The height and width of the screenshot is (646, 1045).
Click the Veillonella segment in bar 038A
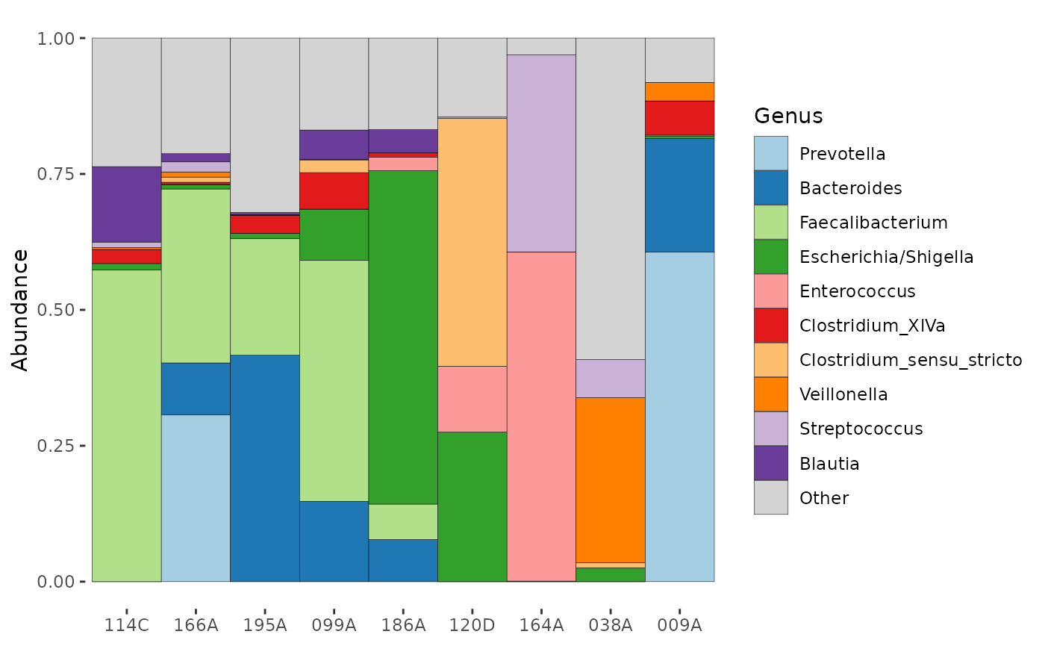click(x=611, y=479)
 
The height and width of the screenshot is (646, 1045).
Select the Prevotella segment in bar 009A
click(x=679, y=417)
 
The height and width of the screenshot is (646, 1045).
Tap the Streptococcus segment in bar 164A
click(x=541, y=154)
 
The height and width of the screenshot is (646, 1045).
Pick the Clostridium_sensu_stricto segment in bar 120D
click(x=472, y=242)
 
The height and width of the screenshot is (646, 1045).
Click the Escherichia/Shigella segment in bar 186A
click(x=403, y=338)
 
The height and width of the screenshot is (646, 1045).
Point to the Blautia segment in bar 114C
click(x=126, y=205)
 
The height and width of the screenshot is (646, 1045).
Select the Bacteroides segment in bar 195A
click(x=265, y=468)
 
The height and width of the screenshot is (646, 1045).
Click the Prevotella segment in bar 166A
click(x=196, y=498)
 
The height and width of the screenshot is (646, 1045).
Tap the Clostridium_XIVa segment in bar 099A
click(x=334, y=191)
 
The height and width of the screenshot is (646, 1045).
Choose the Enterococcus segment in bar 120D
click(x=472, y=399)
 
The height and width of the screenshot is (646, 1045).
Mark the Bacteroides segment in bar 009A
click(x=679, y=195)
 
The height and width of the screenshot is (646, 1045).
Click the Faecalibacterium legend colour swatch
click(x=770, y=223)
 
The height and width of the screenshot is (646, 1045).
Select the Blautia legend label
click(x=829, y=464)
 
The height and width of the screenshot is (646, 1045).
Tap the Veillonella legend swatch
click(x=770, y=394)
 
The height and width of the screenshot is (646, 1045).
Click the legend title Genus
click(x=788, y=116)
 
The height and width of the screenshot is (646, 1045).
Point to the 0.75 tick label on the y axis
click(x=55, y=174)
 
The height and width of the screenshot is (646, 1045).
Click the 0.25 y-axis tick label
click(x=55, y=446)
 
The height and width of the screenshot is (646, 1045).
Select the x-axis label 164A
click(x=541, y=625)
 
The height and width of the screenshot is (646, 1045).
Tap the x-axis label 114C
click(x=126, y=625)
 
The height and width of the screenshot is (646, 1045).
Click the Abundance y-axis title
click(x=19, y=311)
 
